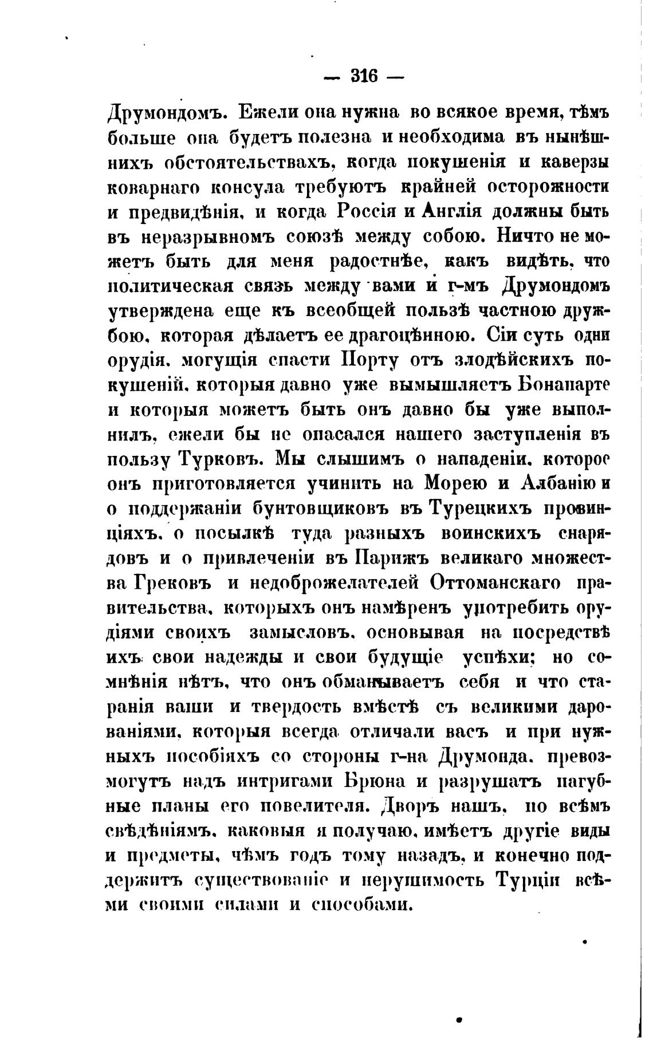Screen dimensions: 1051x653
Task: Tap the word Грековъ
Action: click(173, 582)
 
